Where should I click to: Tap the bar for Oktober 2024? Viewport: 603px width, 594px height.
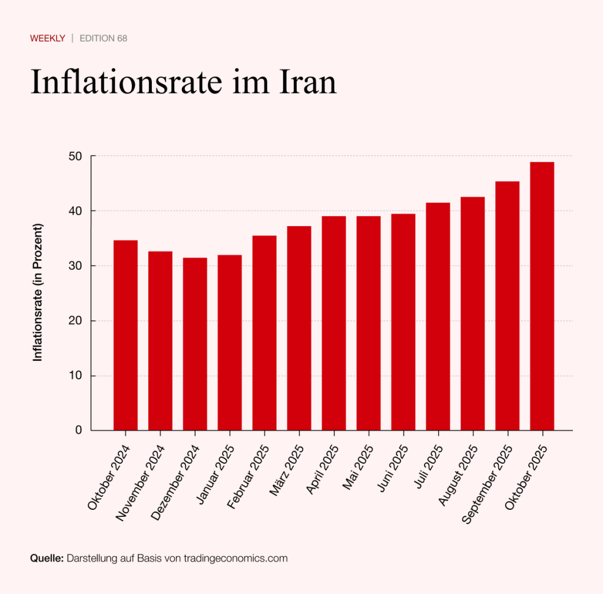[x=125, y=335]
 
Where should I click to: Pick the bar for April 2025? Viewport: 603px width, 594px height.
[x=334, y=323]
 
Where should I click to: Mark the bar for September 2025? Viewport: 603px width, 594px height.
[x=508, y=306]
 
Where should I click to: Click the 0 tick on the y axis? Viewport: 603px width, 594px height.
[x=79, y=430]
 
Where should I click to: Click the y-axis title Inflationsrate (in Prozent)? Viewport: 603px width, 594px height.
[x=38, y=293]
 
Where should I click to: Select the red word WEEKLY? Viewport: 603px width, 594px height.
[x=48, y=38]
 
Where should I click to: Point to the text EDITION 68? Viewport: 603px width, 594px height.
[x=104, y=38]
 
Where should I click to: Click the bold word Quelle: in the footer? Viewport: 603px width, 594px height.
[x=47, y=558]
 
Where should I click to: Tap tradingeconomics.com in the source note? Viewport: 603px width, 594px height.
[x=236, y=558]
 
